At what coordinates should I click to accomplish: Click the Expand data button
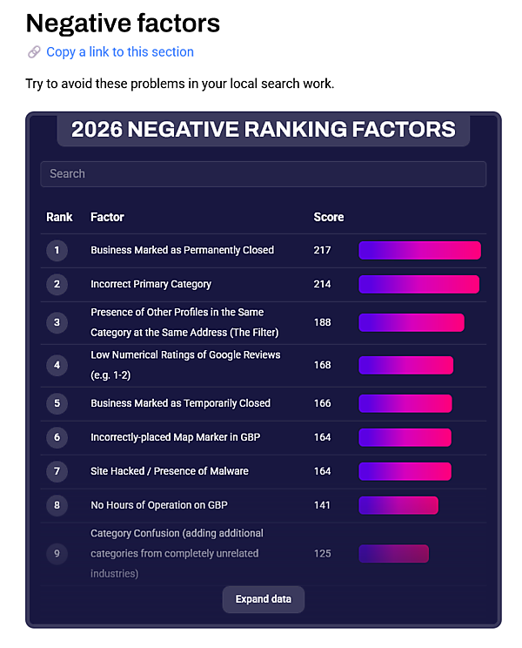[x=264, y=599]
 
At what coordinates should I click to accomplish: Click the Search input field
[x=263, y=173]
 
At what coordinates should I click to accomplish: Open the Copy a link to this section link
[x=120, y=51]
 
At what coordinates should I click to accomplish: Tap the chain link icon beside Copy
[x=34, y=52]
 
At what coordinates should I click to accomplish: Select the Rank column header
[x=59, y=217]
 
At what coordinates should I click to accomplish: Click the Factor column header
[x=107, y=217]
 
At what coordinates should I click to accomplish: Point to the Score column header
[x=329, y=217]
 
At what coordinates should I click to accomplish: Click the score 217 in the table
[x=323, y=250]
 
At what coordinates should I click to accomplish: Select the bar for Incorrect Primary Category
[x=418, y=284]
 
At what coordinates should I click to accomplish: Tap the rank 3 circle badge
[x=57, y=322]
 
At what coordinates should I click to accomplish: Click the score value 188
[x=323, y=322]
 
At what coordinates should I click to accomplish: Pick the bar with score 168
[x=405, y=365]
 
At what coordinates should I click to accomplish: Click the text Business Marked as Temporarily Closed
[x=180, y=403]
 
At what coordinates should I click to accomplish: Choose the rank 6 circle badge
[x=57, y=437]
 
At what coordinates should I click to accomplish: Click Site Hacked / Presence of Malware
[x=170, y=471]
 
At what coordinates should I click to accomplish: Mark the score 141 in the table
[x=323, y=505]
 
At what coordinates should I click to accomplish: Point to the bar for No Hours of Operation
[x=398, y=505]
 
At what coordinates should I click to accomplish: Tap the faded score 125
[x=323, y=553]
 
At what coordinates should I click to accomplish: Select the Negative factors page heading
[x=123, y=22]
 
